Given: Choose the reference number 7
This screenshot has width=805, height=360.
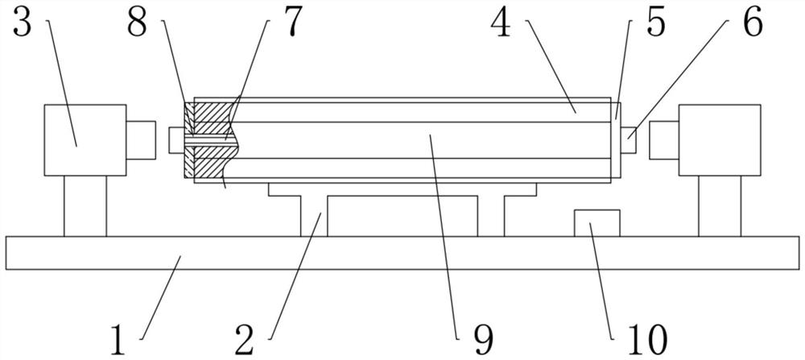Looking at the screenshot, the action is click(291, 23).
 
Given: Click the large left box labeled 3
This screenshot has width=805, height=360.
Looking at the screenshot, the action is click(85, 139).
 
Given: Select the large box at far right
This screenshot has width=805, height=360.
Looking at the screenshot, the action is click(720, 139).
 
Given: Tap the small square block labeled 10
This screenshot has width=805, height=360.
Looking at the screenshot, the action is click(596, 223).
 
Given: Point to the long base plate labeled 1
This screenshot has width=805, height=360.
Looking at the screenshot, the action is click(402, 253).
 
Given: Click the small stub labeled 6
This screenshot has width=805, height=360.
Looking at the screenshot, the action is click(629, 139).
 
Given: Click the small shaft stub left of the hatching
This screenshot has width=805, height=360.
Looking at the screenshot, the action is click(176, 139).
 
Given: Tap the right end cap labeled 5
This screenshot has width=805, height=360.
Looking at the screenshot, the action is click(616, 139).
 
